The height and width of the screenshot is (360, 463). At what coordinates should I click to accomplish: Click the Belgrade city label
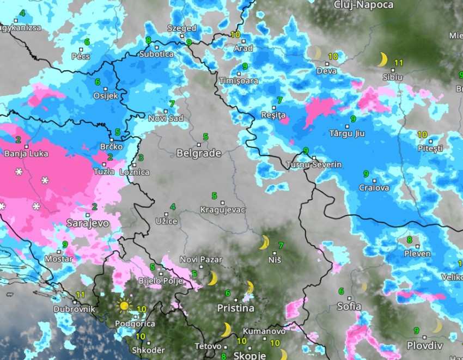coord(198,154)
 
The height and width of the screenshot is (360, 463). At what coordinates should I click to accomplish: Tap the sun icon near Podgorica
coord(124,306)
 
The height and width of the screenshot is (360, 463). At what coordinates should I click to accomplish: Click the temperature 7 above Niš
coord(281,246)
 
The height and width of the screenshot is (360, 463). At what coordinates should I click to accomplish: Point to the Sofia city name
coord(349,307)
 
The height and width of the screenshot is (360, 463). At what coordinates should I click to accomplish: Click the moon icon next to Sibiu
coord(383,59)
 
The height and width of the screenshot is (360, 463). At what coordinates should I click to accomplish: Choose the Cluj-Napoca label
coord(363,5)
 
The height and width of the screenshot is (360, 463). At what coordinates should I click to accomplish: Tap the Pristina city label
coord(235,308)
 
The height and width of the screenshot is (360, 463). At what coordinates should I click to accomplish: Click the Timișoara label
coord(239,81)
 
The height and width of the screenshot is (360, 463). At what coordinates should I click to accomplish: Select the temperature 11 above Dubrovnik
coord(81,295)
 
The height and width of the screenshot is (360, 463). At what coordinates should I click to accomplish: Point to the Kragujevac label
coord(223,210)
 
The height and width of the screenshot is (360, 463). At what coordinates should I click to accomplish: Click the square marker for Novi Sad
coord(166,111)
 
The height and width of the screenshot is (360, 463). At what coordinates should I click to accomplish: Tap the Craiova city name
coord(374,188)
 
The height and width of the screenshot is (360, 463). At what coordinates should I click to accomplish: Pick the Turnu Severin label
coord(314,164)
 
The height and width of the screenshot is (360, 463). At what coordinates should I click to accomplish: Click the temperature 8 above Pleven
coord(409,240)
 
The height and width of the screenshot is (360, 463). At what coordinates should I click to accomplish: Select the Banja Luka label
coord(26,154)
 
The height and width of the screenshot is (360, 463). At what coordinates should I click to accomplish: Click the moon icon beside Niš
coord(264,242)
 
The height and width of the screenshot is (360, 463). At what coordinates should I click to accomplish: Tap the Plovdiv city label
coord(425,346)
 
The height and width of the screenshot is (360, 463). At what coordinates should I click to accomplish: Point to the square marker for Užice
coord(167,214)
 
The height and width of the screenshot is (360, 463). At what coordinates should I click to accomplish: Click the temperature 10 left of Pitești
coord(422,135)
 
